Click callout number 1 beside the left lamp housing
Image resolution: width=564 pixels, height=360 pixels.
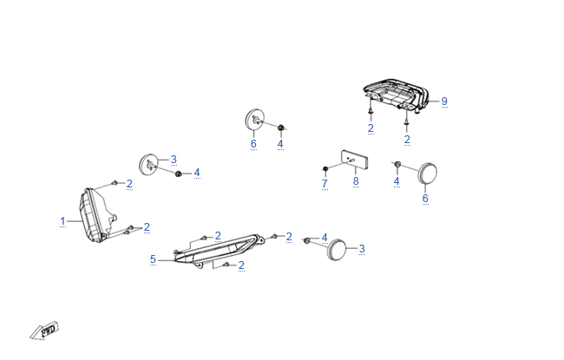tap(62, 221)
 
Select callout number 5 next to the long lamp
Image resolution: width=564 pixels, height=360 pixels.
tap(153, 259)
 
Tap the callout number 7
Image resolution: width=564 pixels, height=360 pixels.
tap(325, 184)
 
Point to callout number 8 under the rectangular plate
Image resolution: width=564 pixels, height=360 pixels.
tap(355, 181)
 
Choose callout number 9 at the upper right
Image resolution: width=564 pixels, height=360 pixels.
tap(444, 101)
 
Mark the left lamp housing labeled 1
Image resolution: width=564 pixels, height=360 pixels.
tap(93, 214)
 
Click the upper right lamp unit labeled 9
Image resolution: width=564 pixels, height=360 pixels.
tap(395, 94)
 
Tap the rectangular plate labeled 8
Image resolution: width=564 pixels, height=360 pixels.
tap(354, 159)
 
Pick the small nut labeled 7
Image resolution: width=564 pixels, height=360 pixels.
tap(325, 167)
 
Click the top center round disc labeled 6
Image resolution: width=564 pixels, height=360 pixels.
tap(255, 121)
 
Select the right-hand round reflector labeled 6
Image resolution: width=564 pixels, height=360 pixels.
tap(427, 173)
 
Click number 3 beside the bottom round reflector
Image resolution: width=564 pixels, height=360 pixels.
tap(362, 249)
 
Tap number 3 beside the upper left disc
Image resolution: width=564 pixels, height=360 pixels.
tap(174, 159)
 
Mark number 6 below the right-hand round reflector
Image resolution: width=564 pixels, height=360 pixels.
tap(425, 198)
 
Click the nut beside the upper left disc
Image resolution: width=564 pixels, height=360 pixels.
tap(178, 174)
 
